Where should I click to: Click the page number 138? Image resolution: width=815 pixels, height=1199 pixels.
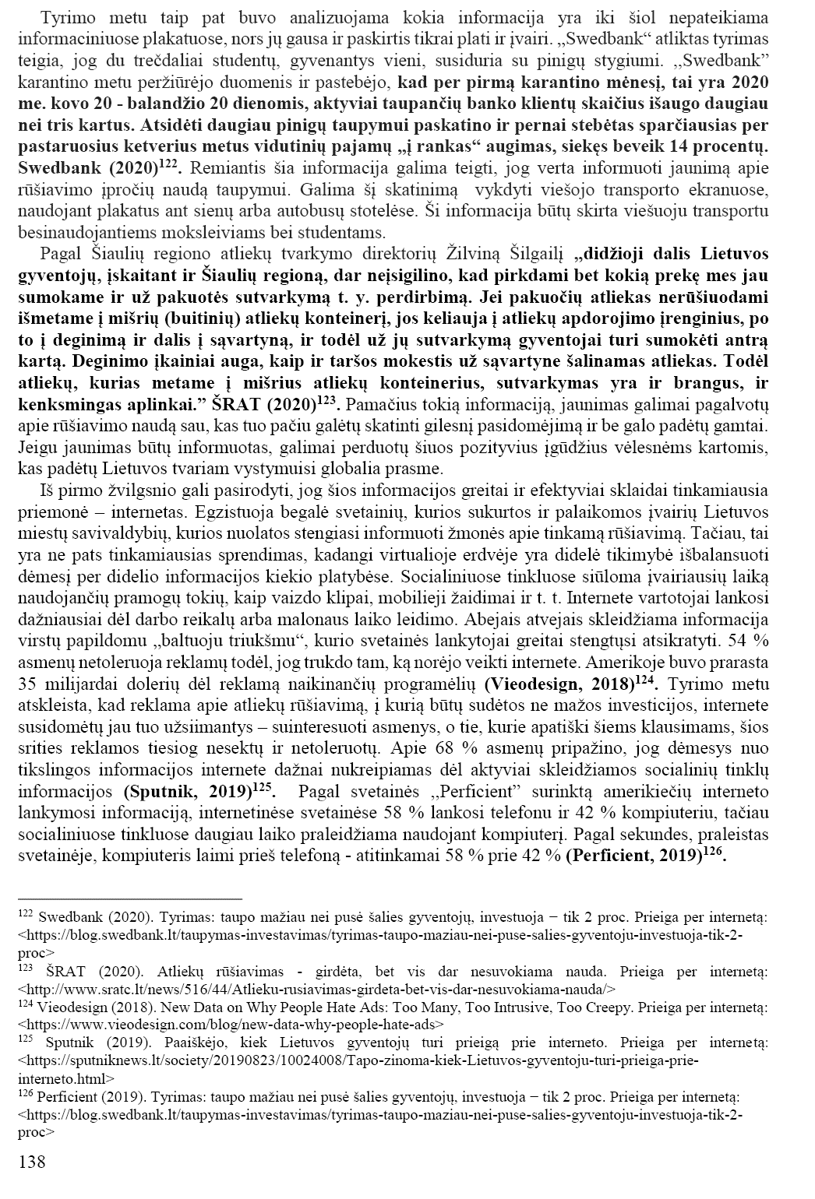pyautogui.click(x=32, y=1162)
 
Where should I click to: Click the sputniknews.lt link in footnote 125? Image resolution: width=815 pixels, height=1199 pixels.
pyautogui.click(x=358, y=1061)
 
